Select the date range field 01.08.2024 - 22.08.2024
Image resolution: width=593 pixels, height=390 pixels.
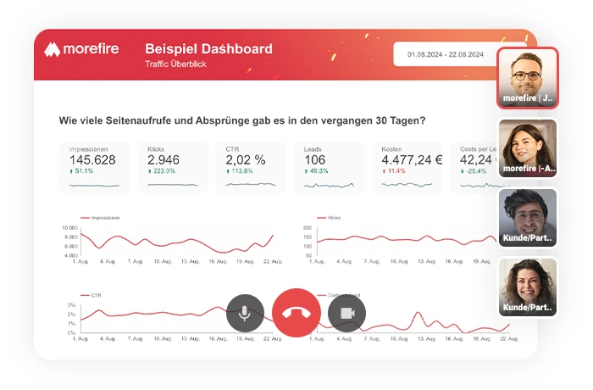tap(445, 54)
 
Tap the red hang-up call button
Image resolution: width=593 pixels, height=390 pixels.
tap(296, 313)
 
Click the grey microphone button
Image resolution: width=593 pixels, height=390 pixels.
tap(245, 313)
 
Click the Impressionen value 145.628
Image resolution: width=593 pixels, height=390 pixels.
tap(92, 159)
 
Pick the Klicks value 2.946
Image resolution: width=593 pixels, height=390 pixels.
tap(163, 159)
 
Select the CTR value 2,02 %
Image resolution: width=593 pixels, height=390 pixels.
tap(246, 159)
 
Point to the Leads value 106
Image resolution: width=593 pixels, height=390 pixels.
tap(315, 159)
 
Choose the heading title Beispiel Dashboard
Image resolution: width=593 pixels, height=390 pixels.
tap(208, 49)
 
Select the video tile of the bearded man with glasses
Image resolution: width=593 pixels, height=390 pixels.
tap(528, 76)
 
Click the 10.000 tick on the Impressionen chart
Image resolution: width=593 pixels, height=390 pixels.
tap(69, 228)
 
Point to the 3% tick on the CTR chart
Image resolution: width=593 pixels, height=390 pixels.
tap(72, 304)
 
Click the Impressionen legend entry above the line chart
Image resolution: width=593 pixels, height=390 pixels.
tap(103, 218)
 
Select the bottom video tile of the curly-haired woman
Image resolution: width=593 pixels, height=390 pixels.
tap(528, 286)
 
